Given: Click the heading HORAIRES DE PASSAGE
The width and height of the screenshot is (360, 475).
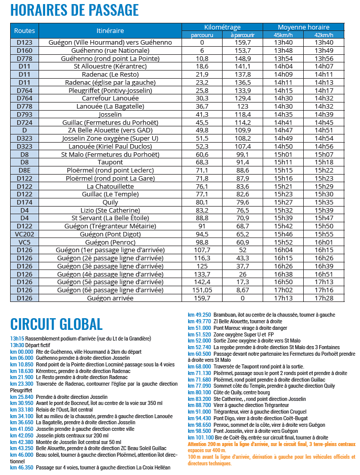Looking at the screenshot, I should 75,10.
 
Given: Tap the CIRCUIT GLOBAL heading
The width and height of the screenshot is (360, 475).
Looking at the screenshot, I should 56,324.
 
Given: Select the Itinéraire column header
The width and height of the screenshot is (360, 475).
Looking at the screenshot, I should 110,30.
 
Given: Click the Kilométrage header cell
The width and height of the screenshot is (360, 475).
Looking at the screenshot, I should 222,27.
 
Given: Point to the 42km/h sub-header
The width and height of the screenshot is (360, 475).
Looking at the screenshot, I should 324,35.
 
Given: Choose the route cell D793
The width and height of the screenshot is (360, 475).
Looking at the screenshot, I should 24,115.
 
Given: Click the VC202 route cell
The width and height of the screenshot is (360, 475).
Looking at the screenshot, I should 24,234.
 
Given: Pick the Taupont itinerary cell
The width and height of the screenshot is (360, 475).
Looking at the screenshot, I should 110,162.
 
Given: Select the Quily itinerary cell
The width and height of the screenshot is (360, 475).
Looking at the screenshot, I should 110,202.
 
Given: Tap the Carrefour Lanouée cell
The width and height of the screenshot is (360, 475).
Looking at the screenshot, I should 110,98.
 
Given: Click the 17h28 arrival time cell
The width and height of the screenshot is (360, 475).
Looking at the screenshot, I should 324,298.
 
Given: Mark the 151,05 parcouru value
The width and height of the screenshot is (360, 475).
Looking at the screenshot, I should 202,290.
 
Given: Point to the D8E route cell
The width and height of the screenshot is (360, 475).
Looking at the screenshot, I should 24,170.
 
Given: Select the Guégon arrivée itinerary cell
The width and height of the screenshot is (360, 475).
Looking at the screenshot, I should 110,298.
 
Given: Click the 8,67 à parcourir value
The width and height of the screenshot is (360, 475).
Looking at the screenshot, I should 242,290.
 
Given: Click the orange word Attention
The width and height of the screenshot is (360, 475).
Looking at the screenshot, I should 198,443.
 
